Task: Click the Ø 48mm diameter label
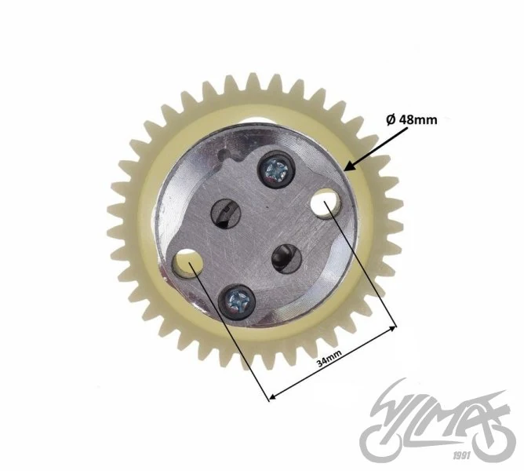click(x=411, y=119)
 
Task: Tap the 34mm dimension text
click(x=329, y=358)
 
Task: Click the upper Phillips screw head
click(x=276, y=170)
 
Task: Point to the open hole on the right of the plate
click(x=326, y=203)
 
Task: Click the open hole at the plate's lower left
click(x=187, y=264)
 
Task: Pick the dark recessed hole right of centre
click(x=286, y=258)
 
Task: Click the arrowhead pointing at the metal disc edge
click(x=349, y=166)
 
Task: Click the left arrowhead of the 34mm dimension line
click(x=272, y=397)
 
